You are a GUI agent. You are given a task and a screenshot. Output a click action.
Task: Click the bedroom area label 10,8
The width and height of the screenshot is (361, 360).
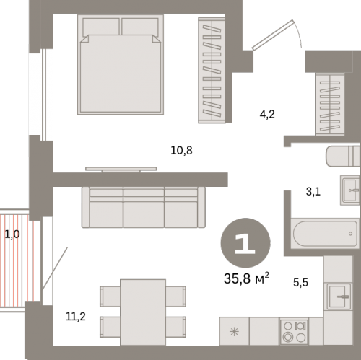pos(181,151)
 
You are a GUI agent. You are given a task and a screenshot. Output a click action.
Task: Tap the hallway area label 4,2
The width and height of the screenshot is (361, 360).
pos(267,114)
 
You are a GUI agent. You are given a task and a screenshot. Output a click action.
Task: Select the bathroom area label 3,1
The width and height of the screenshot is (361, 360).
pos(313,192)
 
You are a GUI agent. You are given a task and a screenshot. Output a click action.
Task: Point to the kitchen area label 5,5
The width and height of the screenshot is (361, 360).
pos(300,282)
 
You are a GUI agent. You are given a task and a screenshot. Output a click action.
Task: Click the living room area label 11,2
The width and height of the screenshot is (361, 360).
pos(76,317)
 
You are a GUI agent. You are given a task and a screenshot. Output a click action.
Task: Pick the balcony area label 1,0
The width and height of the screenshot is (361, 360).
pos(12,234)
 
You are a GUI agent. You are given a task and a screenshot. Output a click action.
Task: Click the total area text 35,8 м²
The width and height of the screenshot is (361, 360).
pos(246,278)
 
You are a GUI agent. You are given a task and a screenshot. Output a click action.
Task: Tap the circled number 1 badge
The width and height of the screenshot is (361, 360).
pos(245,242)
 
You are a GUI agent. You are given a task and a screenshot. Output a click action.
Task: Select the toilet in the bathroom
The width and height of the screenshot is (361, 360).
pos(343,156)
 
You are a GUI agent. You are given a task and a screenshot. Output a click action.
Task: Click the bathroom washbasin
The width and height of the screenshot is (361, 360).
pos(349,190)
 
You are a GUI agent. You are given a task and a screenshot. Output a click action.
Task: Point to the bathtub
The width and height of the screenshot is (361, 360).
pos(325,234)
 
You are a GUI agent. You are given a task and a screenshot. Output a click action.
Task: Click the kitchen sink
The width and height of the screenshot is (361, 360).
pos(339,297)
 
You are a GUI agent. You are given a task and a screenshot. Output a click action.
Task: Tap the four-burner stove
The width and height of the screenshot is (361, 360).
pos(294,332)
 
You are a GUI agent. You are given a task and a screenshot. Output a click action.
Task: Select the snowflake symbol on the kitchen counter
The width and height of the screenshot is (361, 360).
pos(234,332)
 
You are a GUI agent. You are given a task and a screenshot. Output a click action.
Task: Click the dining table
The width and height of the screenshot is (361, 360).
pos(143,312)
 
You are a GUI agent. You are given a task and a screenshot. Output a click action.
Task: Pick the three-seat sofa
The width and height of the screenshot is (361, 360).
pos(144,207)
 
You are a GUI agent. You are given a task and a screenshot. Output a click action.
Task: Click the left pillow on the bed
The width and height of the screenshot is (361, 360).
pos(101,27)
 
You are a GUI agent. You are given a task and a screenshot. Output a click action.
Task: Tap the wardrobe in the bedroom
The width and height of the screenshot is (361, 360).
pos(212,70)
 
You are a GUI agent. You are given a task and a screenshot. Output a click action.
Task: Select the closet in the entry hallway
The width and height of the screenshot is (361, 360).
pos(330,104)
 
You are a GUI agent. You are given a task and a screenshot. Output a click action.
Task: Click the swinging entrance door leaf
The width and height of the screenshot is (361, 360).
pos(274,35)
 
